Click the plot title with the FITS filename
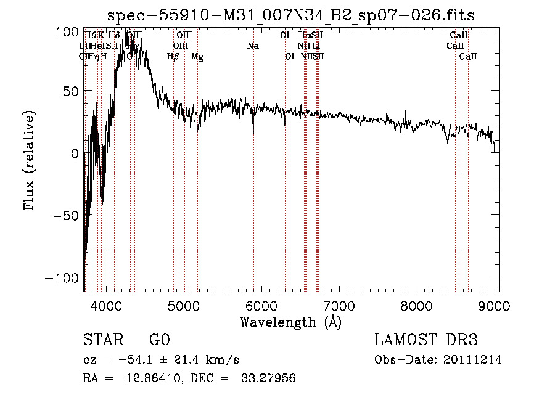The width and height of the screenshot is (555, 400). pyautogui.click(x=290, y=15)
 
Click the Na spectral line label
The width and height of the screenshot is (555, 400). pyautogui.click(x=253, y=46)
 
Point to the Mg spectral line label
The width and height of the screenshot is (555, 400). pyautogui.click(x=197, y=57)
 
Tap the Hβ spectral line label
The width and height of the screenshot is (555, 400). pyautogui.click(x=173, y=57)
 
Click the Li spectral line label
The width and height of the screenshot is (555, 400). pyautogui.click(x=316, y=46)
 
